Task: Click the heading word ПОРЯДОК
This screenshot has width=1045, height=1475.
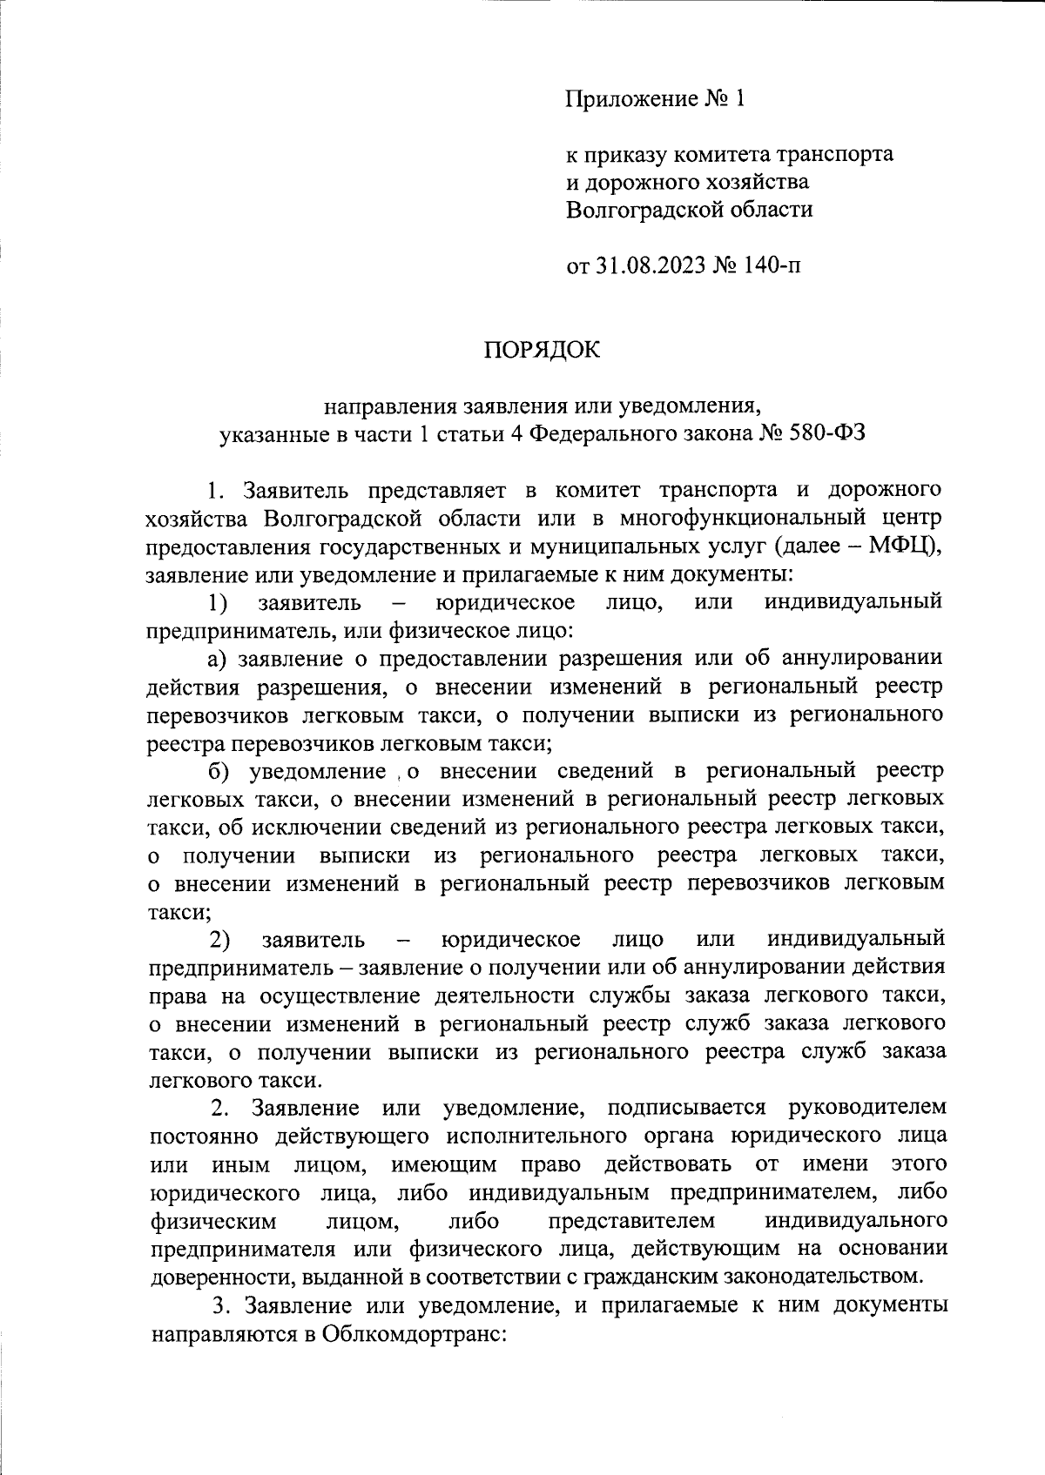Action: click(542, 349)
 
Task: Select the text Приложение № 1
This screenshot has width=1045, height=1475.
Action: click(656, 99)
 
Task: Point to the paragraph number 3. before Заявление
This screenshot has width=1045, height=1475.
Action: click(222, 1306)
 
